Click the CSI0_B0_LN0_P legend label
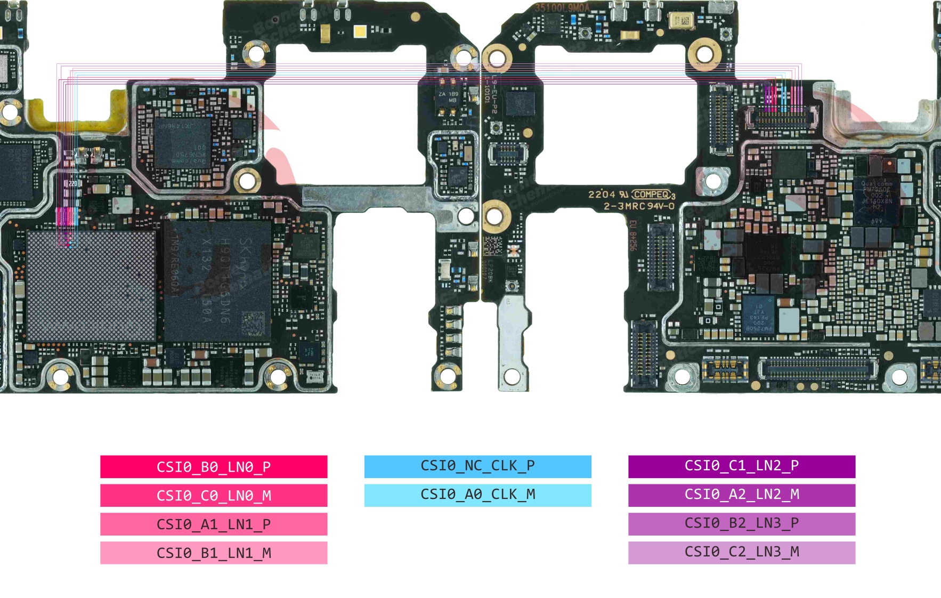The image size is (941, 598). point(214,467)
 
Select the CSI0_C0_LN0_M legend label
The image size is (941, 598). point(214,496)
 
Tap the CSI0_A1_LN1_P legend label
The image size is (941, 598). point(214,524)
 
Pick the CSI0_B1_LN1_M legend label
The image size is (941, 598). point(214,553)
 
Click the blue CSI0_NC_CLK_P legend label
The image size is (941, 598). point(477,466)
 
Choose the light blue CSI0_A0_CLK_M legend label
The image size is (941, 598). point(477,495)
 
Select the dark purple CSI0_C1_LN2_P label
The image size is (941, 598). point(741,466)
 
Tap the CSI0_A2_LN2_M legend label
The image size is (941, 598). point(741,495)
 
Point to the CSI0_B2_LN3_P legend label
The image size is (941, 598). point(741,523)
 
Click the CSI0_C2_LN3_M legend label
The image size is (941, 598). point(741,552)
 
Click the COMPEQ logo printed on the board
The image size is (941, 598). point(651,195)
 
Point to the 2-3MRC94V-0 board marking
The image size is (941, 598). point(639,206)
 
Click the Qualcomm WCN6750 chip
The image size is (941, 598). point(182,143)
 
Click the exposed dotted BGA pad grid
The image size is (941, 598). point(91,286)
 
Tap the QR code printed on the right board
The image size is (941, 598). point(492,246)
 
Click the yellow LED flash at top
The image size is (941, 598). point(360,32)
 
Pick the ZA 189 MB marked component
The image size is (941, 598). point(448,98)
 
